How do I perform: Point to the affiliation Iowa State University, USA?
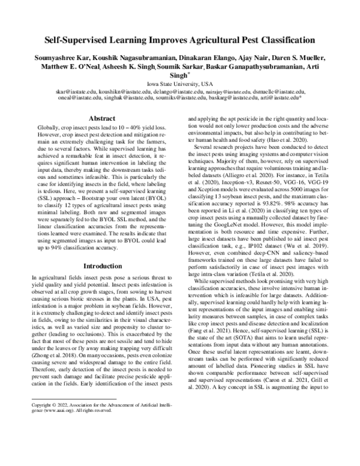pos(181,83)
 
